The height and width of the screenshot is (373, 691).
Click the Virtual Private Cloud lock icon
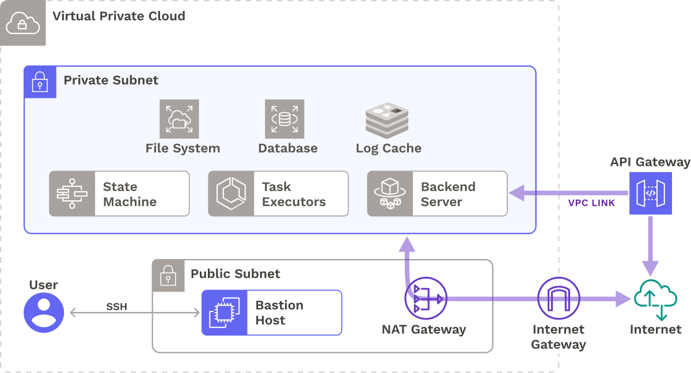pos(22,23)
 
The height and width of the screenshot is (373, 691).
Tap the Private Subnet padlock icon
pos(40,82)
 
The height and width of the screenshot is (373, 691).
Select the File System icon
pos(179,119)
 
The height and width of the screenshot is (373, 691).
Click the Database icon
pos(284,119)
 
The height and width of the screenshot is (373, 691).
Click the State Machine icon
pos(72,193)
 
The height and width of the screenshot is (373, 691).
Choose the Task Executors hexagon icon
pos(231,193)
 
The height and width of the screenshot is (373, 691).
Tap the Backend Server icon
pos(390,193)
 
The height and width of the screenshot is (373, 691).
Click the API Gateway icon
pos(650,193)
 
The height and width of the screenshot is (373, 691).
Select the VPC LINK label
pos(591,203)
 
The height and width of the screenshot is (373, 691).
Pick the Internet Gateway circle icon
pos(558,298)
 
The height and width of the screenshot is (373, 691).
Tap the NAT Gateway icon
pos(426,298)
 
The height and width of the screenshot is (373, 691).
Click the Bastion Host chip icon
pos(224,313)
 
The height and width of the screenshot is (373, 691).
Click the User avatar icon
pos(44,313)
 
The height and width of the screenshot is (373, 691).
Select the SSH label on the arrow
pos(116,307)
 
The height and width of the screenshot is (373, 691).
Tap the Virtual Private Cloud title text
pos(119,16)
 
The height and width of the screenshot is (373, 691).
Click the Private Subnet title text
pos(111,80)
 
